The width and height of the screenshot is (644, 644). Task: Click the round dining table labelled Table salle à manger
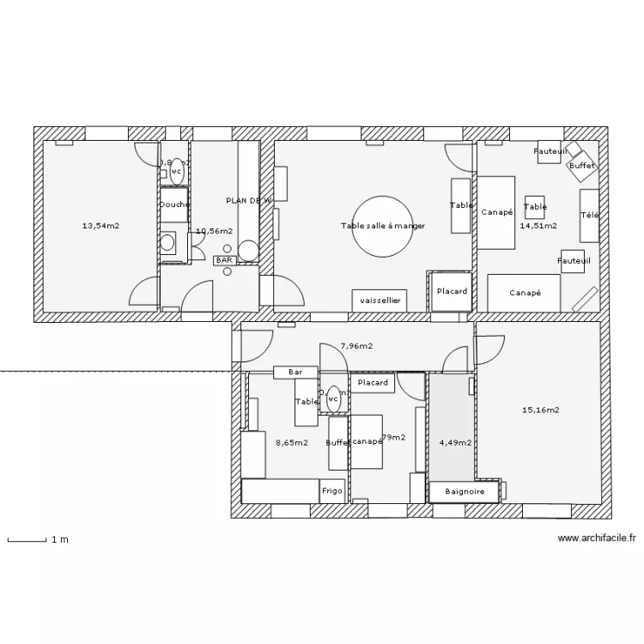point(383,226)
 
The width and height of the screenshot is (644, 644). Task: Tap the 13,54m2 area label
point(100,226)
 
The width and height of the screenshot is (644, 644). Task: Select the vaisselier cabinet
point(378,301)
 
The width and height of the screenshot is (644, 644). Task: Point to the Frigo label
point(331,491)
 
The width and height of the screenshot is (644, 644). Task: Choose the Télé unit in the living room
point(589,215)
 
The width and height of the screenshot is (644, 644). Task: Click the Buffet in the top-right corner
point(582,164)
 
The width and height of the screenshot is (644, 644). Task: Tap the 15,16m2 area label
point(540,410)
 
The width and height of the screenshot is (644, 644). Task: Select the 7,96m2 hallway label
point(356,346)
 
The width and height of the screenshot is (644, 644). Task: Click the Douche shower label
point(174,204)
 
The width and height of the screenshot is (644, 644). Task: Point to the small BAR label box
point(224,259)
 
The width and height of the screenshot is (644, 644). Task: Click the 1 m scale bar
point(27,540)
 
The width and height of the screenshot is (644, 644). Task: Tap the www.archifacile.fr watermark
point(597,539)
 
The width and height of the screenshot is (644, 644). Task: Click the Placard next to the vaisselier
point(452,292)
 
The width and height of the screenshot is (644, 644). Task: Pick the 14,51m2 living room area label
point(538,226)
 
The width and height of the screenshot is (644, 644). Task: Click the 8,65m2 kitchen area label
point(292,443)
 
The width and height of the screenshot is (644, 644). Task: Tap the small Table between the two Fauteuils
point(535,207)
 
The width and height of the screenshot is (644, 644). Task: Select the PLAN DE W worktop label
point(248,200)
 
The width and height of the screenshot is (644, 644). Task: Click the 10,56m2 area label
point(214,231)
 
